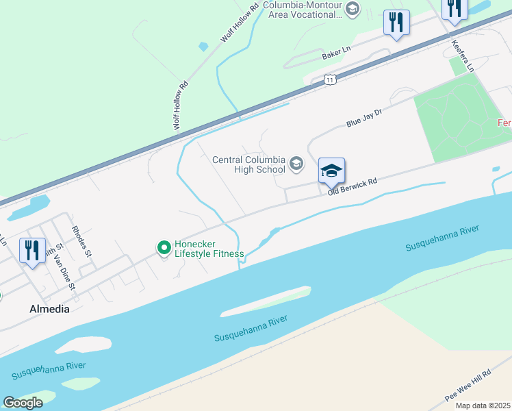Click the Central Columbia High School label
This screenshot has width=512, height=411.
click(x=248, y=164)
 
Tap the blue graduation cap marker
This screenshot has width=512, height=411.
click(x=331, y=171)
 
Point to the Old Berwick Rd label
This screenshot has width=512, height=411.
click(x=353, y=187)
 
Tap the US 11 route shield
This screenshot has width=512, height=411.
click(x=331, y=80)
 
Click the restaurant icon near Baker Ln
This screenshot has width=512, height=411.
click(x=396, y=23)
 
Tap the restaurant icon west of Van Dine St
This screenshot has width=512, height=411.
click(x=31, y=251)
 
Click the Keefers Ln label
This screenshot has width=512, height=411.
click(x=462, y=56)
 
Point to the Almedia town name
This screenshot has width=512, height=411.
click(x=49, y=309)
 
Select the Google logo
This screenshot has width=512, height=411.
click(x=23, y=402)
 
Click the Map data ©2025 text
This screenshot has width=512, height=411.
click(x=482, y=406)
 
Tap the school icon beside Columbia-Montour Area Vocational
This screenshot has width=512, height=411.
click(x=352, y=8)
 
